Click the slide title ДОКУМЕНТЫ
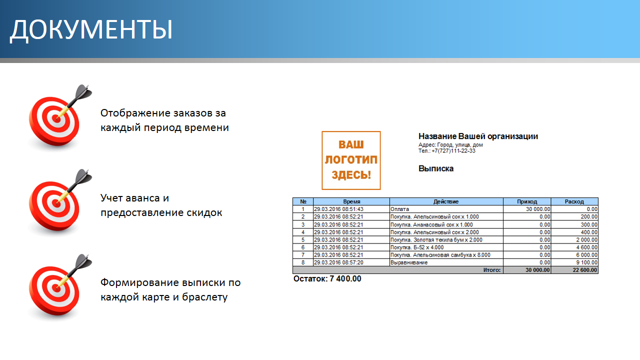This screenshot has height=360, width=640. tap(91, 29)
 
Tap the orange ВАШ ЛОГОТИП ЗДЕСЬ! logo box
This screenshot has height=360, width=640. tap(351, 160)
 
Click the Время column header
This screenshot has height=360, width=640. tap(351, 201)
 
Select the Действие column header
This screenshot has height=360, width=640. tap(446, 201)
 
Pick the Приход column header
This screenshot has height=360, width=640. tap(527, 201)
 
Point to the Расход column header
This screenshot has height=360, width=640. tap(574, 201)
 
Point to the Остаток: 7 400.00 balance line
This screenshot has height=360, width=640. tap(327, 278)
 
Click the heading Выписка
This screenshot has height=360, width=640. tap(436, 168)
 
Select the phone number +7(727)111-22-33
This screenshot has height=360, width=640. tap(453, 151)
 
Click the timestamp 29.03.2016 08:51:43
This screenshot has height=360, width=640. tap(338, 209)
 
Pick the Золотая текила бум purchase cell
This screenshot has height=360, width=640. tap(436, 239)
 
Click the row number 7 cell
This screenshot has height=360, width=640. tap(303, 255)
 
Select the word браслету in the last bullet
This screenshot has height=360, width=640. tap(204, 297)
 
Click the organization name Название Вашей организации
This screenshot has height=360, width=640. tap(478, 136)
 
